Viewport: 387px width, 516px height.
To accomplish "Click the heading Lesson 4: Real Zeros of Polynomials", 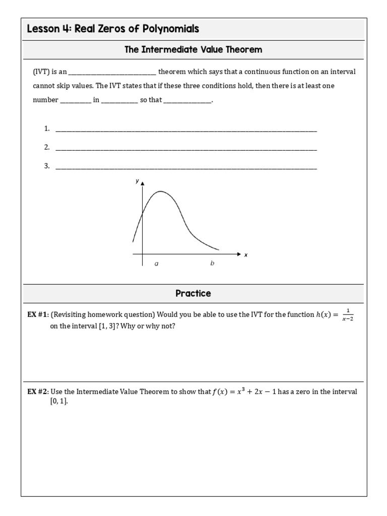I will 113,29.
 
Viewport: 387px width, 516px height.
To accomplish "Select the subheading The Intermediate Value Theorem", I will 193,49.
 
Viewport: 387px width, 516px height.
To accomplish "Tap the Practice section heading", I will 193,293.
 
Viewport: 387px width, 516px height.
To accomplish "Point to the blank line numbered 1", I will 186,130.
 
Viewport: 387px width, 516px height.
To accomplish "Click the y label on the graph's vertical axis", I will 137,180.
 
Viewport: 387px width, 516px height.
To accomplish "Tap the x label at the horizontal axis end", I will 246,255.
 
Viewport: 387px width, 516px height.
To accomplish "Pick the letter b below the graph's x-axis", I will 212,264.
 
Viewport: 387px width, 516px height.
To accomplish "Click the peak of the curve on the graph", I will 160,191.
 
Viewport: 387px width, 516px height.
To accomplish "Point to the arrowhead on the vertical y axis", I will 143,183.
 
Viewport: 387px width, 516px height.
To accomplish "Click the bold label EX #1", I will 38,315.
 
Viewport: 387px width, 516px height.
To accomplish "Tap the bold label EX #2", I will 38,392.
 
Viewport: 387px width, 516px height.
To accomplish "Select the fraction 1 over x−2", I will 348,315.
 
